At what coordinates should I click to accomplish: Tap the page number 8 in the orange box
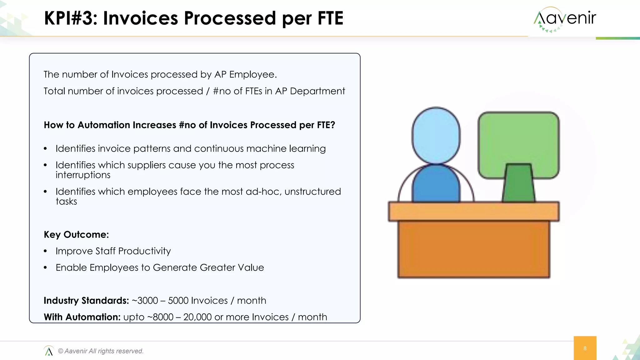(585, 348)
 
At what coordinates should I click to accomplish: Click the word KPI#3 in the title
(71, 18)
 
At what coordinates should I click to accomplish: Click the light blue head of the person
(436, 135)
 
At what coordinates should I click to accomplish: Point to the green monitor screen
(518, 137)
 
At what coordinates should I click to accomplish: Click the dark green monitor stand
(518, 184)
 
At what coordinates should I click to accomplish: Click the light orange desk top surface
(473, 211)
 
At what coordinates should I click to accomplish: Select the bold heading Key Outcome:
(76, 234)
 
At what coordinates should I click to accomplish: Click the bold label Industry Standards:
(86, 301)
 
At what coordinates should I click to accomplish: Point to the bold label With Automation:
(82, 317)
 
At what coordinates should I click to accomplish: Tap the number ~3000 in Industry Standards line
(145, 301)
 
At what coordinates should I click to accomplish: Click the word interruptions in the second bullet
(83, 175)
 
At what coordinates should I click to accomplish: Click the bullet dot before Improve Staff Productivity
(46, 251)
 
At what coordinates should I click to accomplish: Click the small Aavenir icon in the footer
(49, 351)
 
